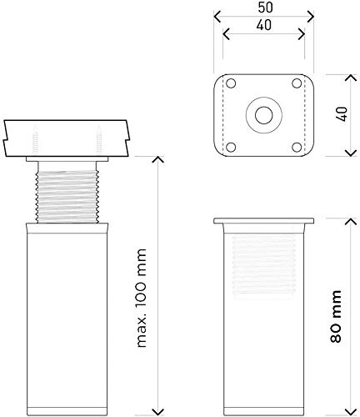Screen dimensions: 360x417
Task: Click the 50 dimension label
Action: (x=265, y=8)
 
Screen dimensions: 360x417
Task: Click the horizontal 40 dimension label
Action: (x=264, y=25)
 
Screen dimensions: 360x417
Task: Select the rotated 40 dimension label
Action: (x=343, y=114)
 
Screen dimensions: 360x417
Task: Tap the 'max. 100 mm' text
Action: (x=142, y=299)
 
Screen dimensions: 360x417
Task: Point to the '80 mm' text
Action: (x=336, y=316)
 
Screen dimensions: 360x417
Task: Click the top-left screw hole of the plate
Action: (x=231, y=83)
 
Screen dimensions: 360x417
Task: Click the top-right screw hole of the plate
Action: (x=297, y=83)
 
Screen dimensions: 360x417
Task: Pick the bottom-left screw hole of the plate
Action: (x=231, y=147)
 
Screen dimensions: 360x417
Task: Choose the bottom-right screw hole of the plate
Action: (x=297, y=147)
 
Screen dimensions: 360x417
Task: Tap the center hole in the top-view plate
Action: (x=264, y=115)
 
